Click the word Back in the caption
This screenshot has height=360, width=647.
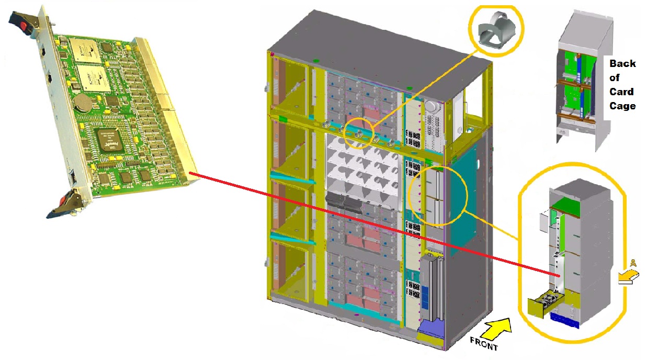tap(622, 64)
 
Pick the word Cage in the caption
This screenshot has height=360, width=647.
tap(622, 106)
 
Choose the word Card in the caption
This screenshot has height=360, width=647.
tap(621, 92)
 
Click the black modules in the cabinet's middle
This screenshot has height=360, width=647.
tap(343, 200)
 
